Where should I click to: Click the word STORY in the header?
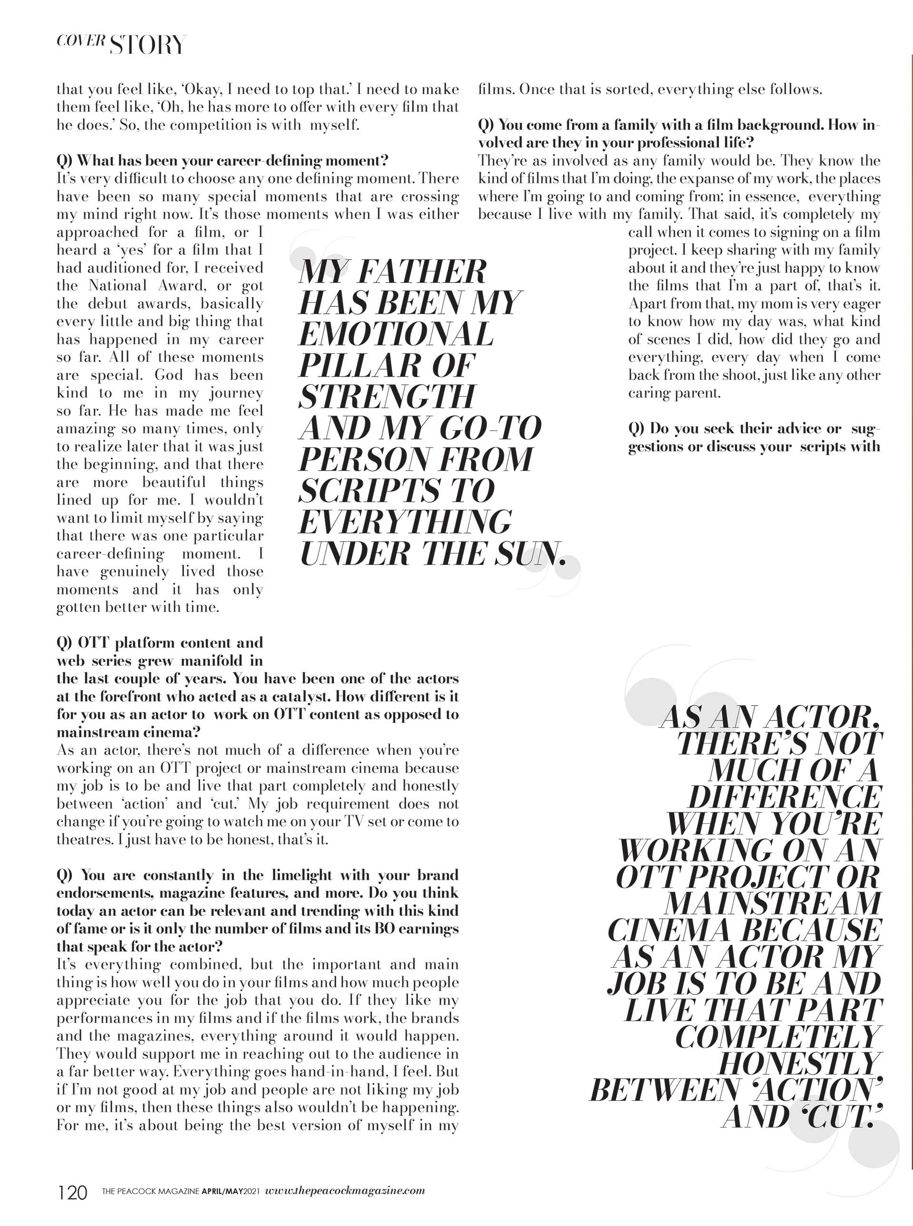[x=147, y=45]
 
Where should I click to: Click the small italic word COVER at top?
[x=81, y=40]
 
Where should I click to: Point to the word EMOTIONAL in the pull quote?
[x=396, y=334]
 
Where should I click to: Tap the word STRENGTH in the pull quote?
[x=387, y=396]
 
